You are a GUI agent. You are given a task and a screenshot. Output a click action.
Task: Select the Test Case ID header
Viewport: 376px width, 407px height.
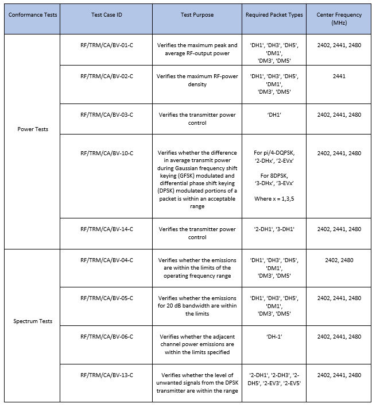pyautogui.click(x=107, y=14)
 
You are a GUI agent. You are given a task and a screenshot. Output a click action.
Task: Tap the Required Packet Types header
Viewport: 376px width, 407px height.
pyautogui.click(x=274, y=14)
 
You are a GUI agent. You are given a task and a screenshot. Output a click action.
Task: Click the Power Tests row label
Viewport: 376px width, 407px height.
pyautogui.click(x=33, y=129)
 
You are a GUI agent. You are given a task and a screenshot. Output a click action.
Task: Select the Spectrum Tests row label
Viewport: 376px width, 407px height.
pyautogui.click(x=33, y=321)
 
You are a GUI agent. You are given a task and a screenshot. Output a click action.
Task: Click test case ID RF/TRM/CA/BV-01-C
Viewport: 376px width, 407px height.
pyautogui.click(x=107, y=45)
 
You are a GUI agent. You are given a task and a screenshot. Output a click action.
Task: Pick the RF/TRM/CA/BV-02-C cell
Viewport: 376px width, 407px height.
pyautogui.click(x=107, y=76)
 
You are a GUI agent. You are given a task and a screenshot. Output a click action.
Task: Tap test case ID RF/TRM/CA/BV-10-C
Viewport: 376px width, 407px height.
pyautogui.click(x=107, y=153)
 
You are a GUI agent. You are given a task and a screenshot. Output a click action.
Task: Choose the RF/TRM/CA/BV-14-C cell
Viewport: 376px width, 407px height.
pyautogui.click(x=107, y=229)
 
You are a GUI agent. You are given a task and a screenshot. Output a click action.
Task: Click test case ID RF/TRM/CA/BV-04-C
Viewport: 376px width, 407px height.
pyautogui.click(x=107, y=260)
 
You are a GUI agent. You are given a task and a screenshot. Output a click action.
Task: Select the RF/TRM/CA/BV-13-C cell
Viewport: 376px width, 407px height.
pyautogui.click(x=107, y=375)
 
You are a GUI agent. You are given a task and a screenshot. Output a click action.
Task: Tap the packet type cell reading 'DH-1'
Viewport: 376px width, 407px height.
pyautogui.click(x=274, y=337)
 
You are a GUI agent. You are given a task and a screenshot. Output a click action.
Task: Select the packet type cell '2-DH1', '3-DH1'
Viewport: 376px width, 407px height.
pyautogui.click(x=274, y=229)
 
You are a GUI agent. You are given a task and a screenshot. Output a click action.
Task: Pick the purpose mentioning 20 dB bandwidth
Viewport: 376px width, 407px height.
pyautogui.click(x=197, y=306)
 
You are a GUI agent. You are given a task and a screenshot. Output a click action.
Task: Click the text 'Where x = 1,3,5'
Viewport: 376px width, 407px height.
pyautogui.click(x=274, y=198)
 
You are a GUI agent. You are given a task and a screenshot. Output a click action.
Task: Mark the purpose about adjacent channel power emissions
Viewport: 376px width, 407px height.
pyautogui.click(x=197, y=344)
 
